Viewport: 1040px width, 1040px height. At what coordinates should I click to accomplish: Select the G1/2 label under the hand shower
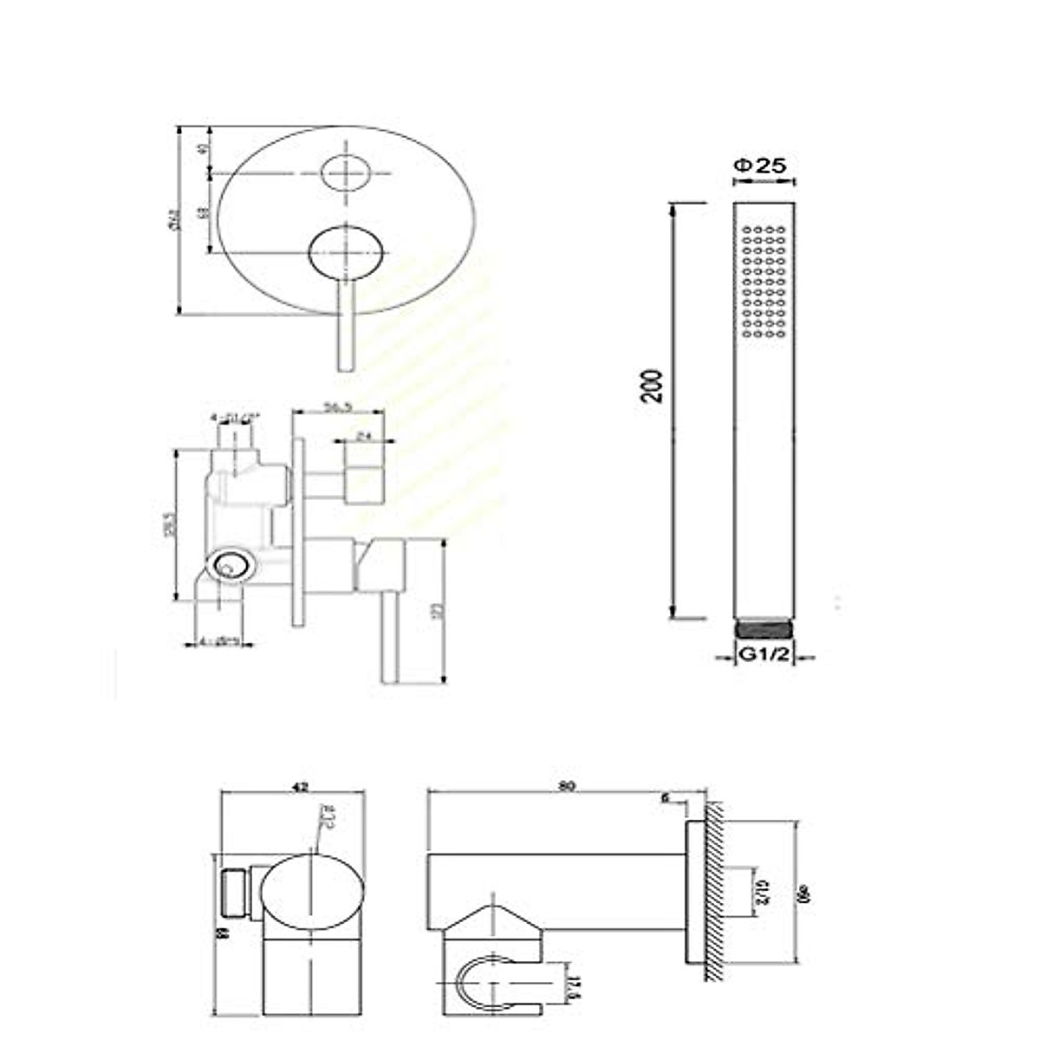click(x=764, y=656)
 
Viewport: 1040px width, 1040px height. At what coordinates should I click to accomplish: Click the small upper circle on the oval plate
click(x=345, y=172)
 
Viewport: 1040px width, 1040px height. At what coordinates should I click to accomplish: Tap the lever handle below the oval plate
click(x=346, y=325)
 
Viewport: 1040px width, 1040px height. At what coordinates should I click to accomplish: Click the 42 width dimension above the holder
click(x=299, y=787)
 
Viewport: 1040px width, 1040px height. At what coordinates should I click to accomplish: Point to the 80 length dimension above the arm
click(x=567, y=787)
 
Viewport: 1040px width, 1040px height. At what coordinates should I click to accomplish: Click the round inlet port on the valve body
click(x=231, y=567)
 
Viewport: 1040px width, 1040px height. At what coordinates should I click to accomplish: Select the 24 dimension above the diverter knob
click(x=364, y=437)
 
